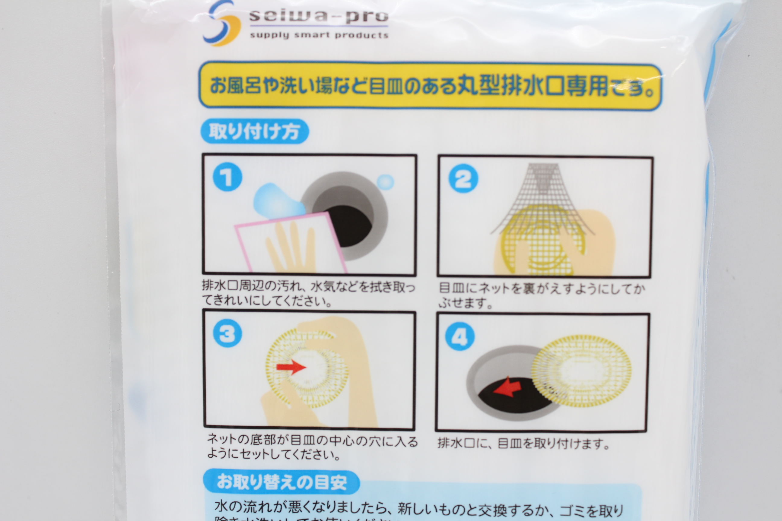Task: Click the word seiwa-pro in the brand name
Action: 319,16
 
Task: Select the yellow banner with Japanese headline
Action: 430,86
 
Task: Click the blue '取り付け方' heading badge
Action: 254,131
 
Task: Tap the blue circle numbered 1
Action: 227,177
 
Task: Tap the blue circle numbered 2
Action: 463,178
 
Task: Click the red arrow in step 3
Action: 291,367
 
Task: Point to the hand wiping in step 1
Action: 293,246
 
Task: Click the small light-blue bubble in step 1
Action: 385,182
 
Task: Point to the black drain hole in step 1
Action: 352,226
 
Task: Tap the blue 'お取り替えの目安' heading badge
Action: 281,482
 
